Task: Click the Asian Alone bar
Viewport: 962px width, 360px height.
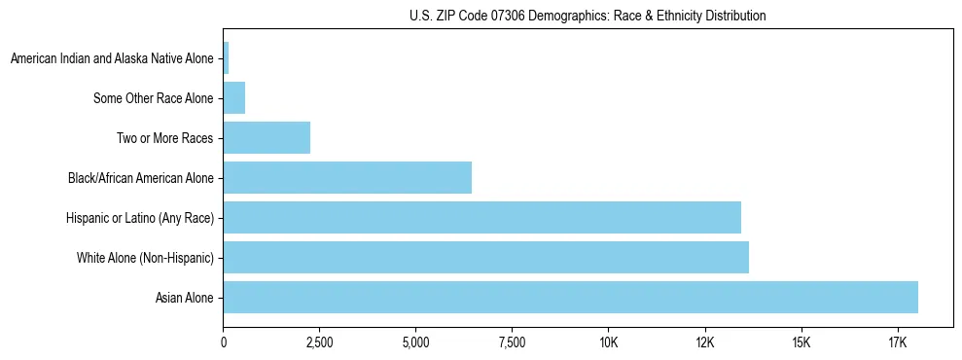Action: coord(570,297)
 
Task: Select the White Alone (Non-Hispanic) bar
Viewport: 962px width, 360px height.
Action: coord(485,257)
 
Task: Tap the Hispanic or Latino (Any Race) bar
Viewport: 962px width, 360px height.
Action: coord(481,217)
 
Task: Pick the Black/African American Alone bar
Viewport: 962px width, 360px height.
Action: coord(347,177)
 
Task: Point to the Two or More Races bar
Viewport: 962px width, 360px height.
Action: coord(267,137)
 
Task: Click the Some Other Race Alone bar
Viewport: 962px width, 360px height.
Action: coord(234,97)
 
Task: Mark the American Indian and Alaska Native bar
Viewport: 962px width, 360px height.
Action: coord(227,57)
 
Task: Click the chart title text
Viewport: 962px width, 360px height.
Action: coord(588,16)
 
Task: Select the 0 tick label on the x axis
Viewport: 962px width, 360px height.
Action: coord(224,342)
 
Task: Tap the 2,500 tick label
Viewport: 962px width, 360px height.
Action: coord(319,342)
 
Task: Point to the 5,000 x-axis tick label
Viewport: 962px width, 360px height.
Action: coord(415,342)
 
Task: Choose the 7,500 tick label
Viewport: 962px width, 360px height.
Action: coord(512,342)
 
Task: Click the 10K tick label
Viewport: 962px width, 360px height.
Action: coord(608,342)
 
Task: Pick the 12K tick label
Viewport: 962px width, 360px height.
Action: coord(704,342)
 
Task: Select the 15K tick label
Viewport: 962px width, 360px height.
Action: coord(801,342)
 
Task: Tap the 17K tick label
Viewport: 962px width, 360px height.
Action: coord(897,342)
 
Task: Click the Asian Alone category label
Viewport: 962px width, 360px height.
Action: coord(184,298)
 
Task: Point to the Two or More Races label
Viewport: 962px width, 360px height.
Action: coord(164,138)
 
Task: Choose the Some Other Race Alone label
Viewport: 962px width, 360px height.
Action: coord(153,98)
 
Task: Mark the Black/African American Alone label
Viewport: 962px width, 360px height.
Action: coord(140,178)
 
